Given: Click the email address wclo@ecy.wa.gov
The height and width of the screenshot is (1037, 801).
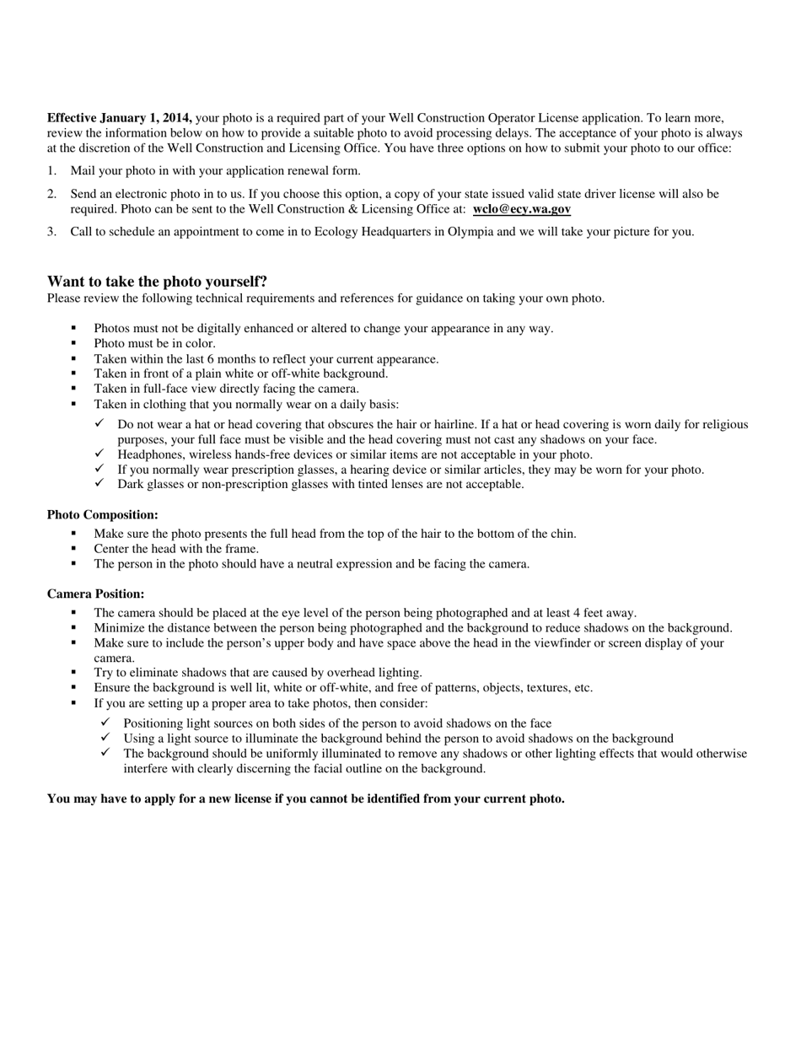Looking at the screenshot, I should point(521,209).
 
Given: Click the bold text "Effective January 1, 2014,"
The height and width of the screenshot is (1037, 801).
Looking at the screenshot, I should point(119,118).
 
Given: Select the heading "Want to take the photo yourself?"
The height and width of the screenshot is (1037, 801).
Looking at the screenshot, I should point(157,282).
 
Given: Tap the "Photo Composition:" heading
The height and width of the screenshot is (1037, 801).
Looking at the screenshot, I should point(102,515).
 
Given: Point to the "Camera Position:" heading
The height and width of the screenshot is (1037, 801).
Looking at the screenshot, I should point(95,594).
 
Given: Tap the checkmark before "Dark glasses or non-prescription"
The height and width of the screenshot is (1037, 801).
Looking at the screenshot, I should point(99,484).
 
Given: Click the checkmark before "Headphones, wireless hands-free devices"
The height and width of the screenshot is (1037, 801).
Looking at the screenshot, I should point(99,454).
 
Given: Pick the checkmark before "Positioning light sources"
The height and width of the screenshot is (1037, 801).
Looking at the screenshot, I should point(105,723).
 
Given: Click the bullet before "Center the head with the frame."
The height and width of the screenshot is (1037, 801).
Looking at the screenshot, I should point(74,549).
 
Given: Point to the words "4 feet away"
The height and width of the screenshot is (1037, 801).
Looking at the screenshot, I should point(602,614).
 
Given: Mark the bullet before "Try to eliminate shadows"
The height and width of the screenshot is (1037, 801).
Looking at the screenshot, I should point(74,673).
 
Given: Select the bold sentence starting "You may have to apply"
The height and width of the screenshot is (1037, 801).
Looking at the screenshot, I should point(305,799).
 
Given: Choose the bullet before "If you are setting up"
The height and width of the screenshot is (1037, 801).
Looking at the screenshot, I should point(74,703).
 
